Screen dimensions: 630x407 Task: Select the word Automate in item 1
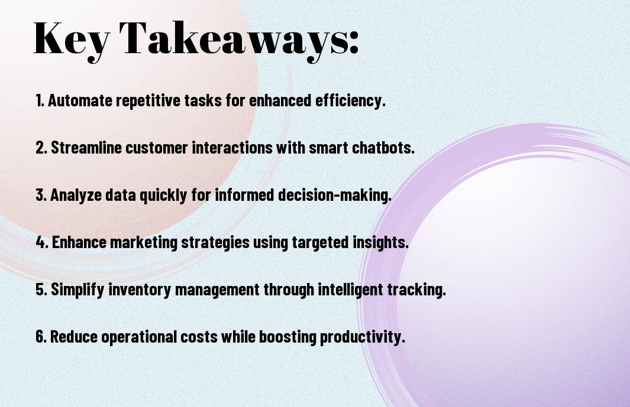pos(80,100)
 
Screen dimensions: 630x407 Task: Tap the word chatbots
pos(383,148)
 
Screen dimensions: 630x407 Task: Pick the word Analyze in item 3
pos(76,196)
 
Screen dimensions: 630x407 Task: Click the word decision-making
pos(334,196)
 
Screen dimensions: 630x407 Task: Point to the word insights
pos(380,243)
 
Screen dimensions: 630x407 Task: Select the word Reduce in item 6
pos(74,336)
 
